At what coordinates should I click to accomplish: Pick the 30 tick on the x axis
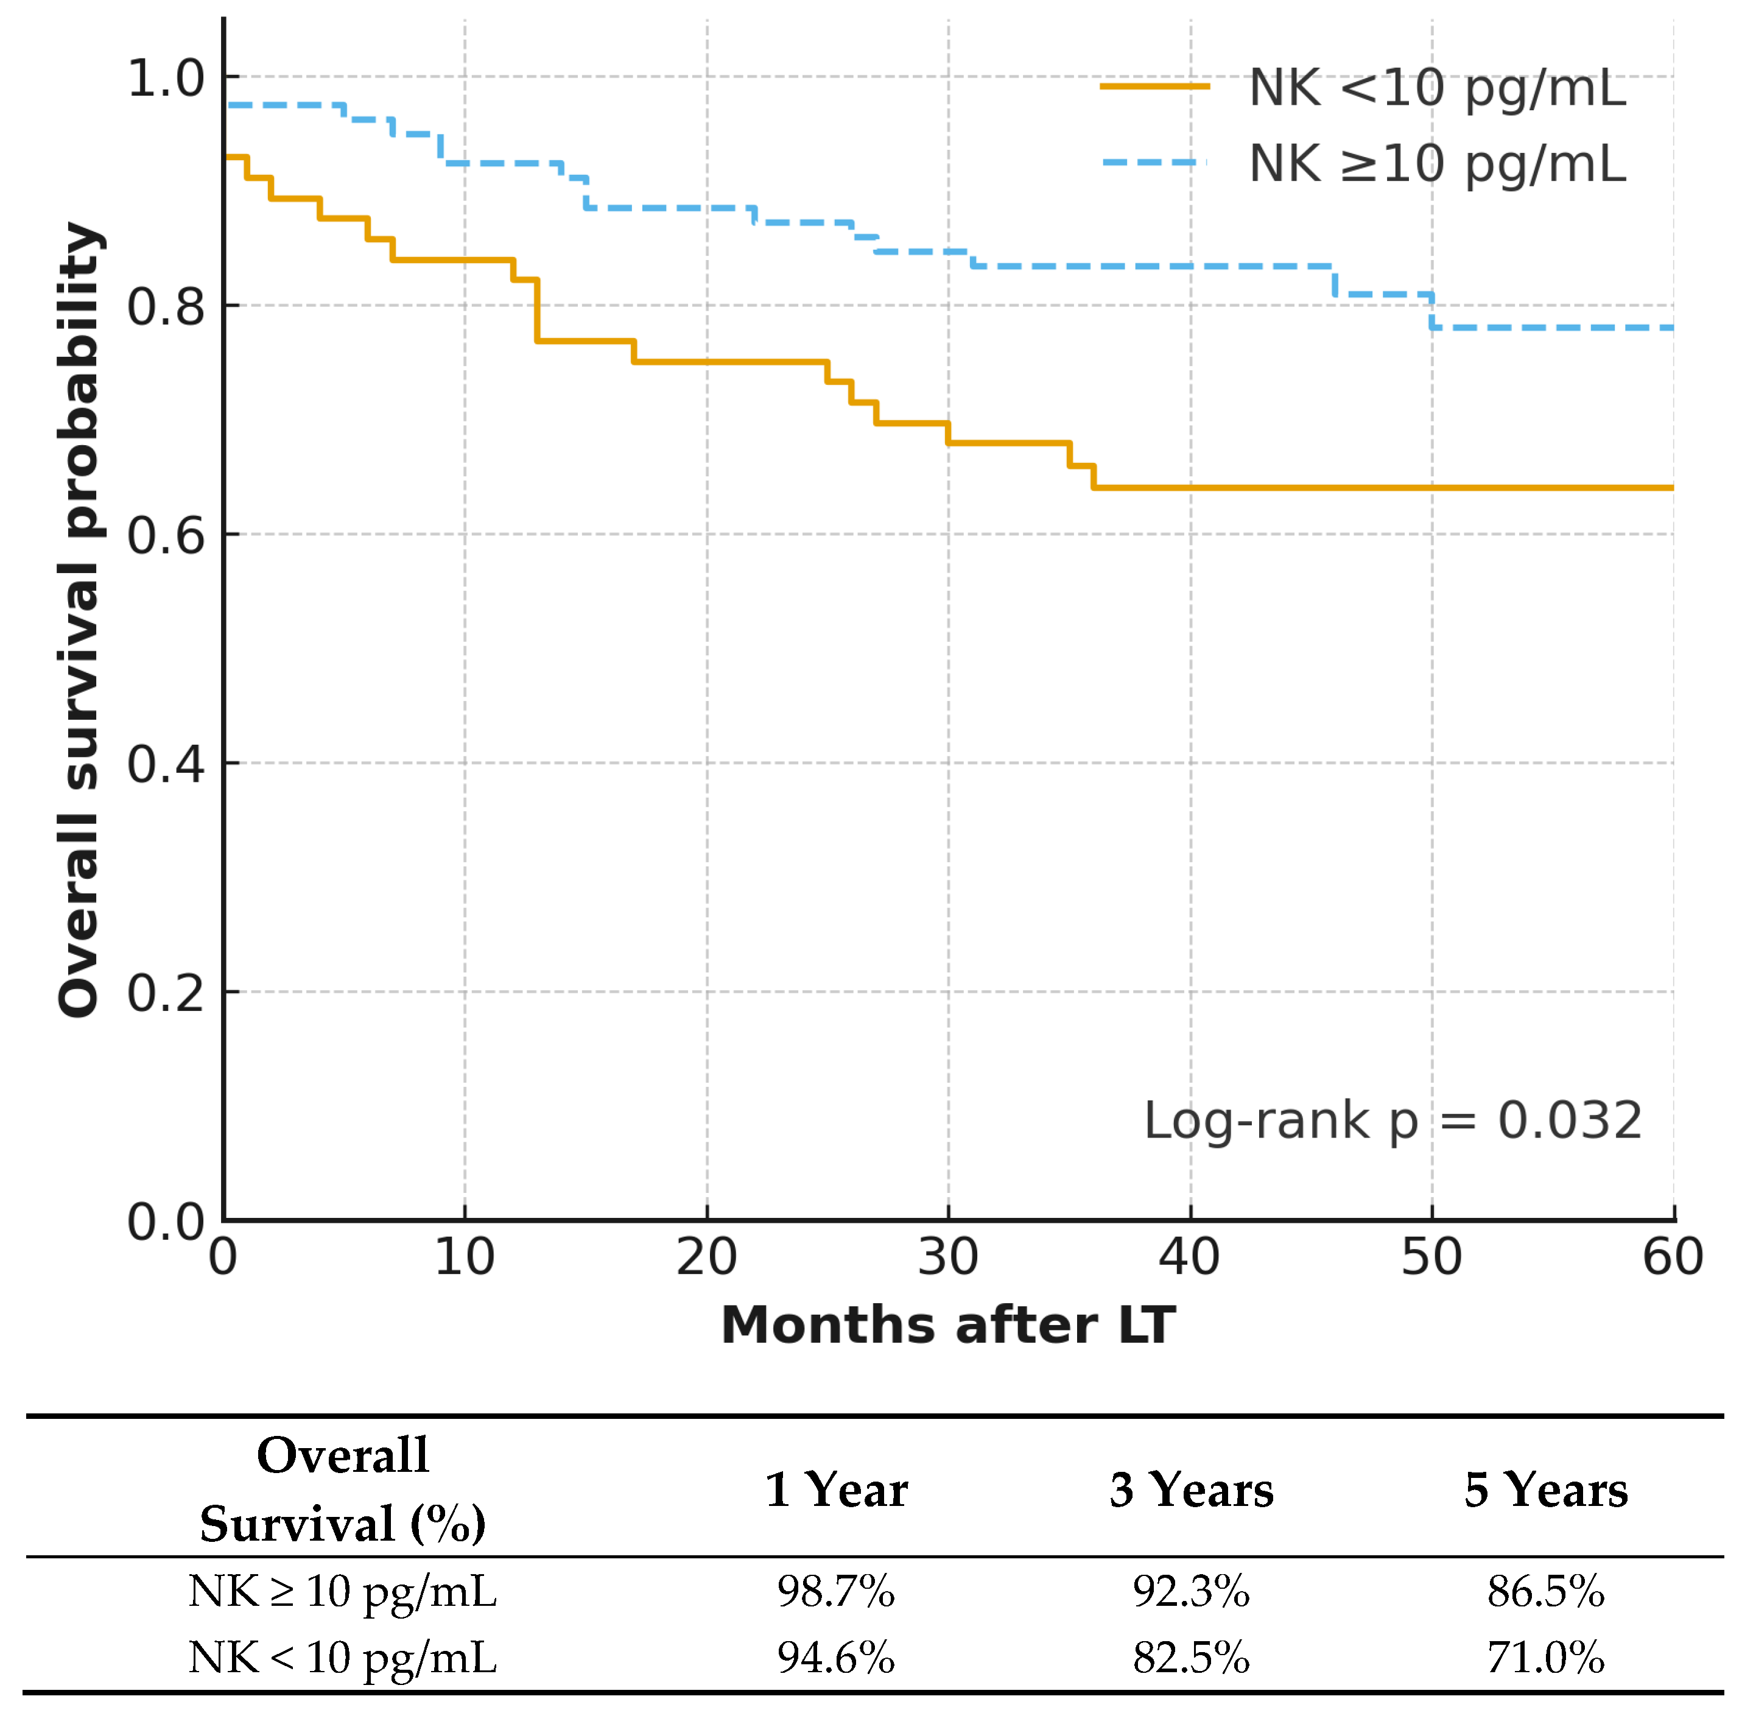coord(949,1257)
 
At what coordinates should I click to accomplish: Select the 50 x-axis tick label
coord(1431,1257)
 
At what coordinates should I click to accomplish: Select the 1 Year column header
coord(836,1490)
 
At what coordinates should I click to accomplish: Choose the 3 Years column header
coord(1192,1490)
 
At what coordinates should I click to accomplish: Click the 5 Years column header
coord(1546,1490)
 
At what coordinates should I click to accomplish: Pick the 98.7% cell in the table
coord(836,1592)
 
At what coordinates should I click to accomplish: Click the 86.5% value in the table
coord(1546,1592)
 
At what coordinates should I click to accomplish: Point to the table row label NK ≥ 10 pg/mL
coord(343,1592)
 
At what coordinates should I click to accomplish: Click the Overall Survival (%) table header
coord(343,1490)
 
